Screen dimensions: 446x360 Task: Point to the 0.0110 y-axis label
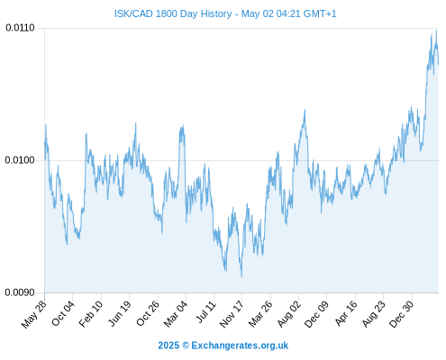pos(20,28)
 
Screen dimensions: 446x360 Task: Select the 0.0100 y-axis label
pos(20,160)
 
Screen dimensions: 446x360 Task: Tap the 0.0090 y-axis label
pos(20,292)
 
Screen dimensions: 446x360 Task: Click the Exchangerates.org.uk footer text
pos(240,346)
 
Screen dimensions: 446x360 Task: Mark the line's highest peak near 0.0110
pos(436,31)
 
